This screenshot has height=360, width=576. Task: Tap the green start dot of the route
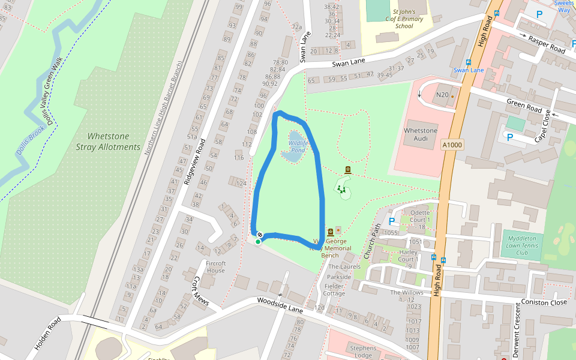click(258, 242)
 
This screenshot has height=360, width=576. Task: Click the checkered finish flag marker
click(260, 235)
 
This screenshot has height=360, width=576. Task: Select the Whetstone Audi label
click(421, 134)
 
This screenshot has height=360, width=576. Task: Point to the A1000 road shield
click(452, 145)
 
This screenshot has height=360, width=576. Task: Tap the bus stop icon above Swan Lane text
click(468, 62)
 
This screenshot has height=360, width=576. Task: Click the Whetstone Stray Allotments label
click(108, 142)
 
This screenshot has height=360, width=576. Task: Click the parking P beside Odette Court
click(392, 221)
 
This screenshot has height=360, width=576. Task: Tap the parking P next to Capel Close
click(510, 137)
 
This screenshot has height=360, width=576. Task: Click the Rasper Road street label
click(546, 43)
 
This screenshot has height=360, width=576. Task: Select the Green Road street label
click(524, 106)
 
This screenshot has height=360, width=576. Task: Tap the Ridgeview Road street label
click(195, 161)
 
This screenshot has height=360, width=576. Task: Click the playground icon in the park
click(341, 190)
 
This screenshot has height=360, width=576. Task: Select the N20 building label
click(442, 95)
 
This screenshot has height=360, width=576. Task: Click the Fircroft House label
click(215, 267)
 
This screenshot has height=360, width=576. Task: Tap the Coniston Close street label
click(544, 302)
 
